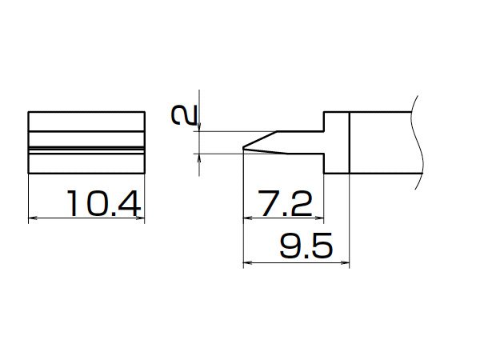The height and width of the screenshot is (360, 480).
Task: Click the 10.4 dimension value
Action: (104, 203)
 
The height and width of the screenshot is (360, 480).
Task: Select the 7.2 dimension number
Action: (285, 203)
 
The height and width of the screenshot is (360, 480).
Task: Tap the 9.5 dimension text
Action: (306, 246)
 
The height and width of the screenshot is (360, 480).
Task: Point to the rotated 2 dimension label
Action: (184, 115)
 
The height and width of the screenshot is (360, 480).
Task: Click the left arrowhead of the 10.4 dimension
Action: (33, 218)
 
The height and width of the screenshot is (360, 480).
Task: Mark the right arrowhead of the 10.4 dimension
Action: (140, 218)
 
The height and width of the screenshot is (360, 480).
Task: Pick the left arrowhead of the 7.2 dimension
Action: (247, 218)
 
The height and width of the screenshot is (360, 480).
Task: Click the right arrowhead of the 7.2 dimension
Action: (319, 218)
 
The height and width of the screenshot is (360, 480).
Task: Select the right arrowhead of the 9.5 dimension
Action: (345, 262)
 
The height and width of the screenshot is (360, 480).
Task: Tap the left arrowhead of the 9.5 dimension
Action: (247, 262)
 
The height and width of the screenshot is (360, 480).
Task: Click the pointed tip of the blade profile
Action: (243, 148)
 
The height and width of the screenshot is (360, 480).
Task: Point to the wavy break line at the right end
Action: (418, 142)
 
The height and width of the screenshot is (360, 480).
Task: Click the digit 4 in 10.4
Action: (130, 203)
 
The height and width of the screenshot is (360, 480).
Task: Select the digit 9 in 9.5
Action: (290, 246)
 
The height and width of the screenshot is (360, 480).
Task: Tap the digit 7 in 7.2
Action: (268, 203)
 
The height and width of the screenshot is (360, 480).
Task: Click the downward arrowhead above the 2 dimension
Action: (199, 126)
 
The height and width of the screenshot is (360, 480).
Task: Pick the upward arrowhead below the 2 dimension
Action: (199, 158)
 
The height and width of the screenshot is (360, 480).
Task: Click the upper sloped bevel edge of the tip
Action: (260, 139)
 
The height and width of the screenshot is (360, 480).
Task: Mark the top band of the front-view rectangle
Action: (86, 122)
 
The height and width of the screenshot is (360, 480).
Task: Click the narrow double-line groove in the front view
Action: (86, 150)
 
